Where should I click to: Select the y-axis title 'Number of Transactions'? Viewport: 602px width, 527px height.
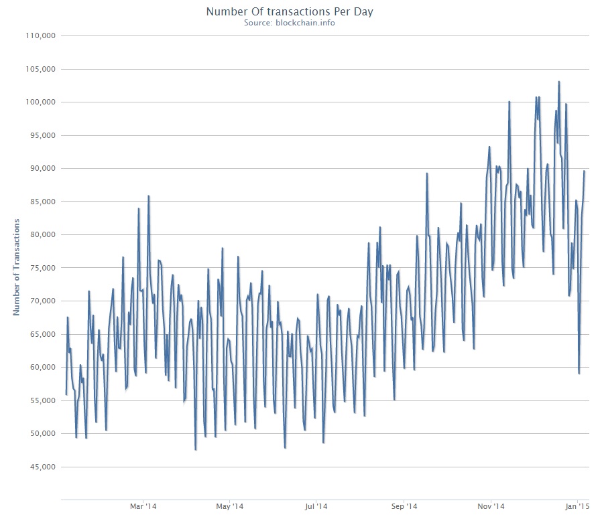[17, 266]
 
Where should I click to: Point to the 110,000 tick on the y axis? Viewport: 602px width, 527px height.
[40, 36]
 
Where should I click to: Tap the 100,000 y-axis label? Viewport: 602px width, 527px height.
[40, 102]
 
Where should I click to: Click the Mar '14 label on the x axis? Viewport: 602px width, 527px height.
[142, 507]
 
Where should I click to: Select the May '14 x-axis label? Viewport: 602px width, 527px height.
[229, 507]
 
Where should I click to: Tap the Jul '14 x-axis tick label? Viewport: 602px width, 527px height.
[316, 507]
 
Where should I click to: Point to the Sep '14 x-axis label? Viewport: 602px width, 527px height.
[404, 507]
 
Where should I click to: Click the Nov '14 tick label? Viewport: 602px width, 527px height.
[491, 507]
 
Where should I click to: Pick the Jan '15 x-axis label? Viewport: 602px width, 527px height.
[577, 507]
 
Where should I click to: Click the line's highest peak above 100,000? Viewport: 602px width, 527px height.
[559, 82]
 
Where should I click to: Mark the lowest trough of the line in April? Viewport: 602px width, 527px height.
[195, 450]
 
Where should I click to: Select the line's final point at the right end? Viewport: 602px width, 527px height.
[585, 171]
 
